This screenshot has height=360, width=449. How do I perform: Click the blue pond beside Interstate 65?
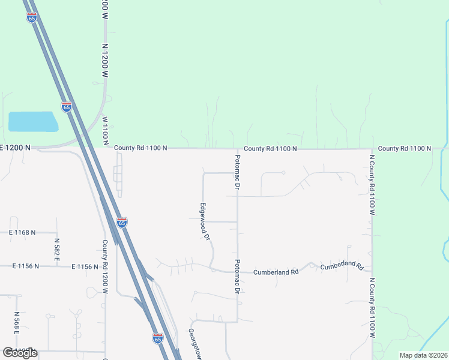click(x=33, y=122)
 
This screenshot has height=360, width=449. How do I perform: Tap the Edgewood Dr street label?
click(x=204, y=221)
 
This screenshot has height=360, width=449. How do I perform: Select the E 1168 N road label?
click(x=22, y=232)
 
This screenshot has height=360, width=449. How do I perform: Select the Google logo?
click(x=20, y=353)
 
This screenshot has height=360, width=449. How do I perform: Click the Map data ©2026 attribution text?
click(x=423, y=355)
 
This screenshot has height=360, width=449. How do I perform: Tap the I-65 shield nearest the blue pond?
click(x=67, y=107)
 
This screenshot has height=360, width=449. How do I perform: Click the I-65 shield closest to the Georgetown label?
click(x=158, y=338)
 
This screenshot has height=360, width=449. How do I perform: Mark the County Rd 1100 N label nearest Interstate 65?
click(x=139, y=148)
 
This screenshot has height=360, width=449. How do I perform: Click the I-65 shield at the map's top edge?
click(x=32, y=17)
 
